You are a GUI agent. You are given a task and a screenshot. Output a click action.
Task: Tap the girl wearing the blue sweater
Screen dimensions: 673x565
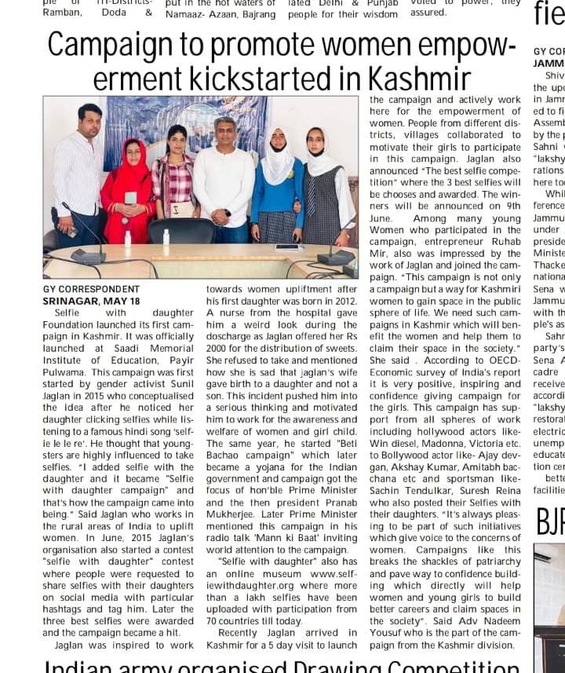point(277,188)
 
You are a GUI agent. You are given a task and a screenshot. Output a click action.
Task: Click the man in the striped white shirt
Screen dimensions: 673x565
point(78,177)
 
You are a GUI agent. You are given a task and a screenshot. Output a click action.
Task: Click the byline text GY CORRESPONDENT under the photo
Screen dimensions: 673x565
point(91,290)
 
